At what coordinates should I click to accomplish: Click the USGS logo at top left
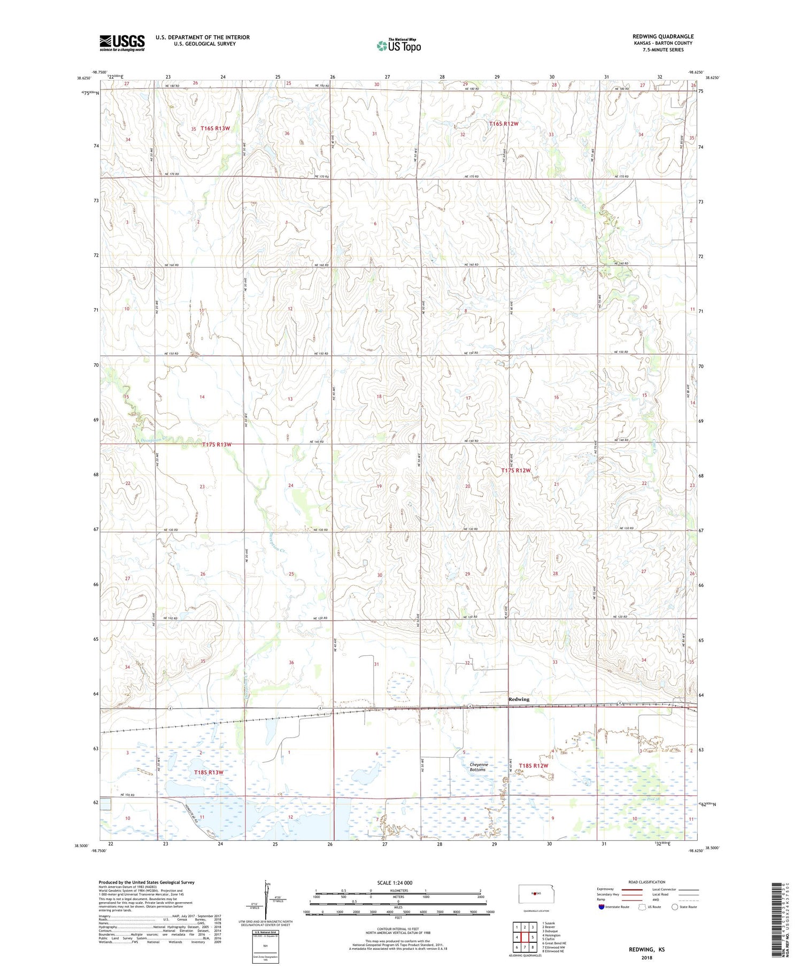coord(122,43)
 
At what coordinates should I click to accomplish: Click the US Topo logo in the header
coord(399,46)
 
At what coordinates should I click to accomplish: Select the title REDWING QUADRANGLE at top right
coord(662,36)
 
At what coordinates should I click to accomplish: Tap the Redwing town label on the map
coord(519,699)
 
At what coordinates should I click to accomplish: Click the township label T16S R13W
coord(215,128)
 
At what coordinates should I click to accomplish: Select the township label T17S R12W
coord(516,470)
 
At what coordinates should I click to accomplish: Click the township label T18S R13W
coord(208,772)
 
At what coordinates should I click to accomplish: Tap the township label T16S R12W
coord(504,124)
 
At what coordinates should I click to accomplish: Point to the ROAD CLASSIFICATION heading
coord(647,882)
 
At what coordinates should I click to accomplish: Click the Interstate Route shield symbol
coord(601,906)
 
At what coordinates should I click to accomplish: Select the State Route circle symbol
coord(675,906)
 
